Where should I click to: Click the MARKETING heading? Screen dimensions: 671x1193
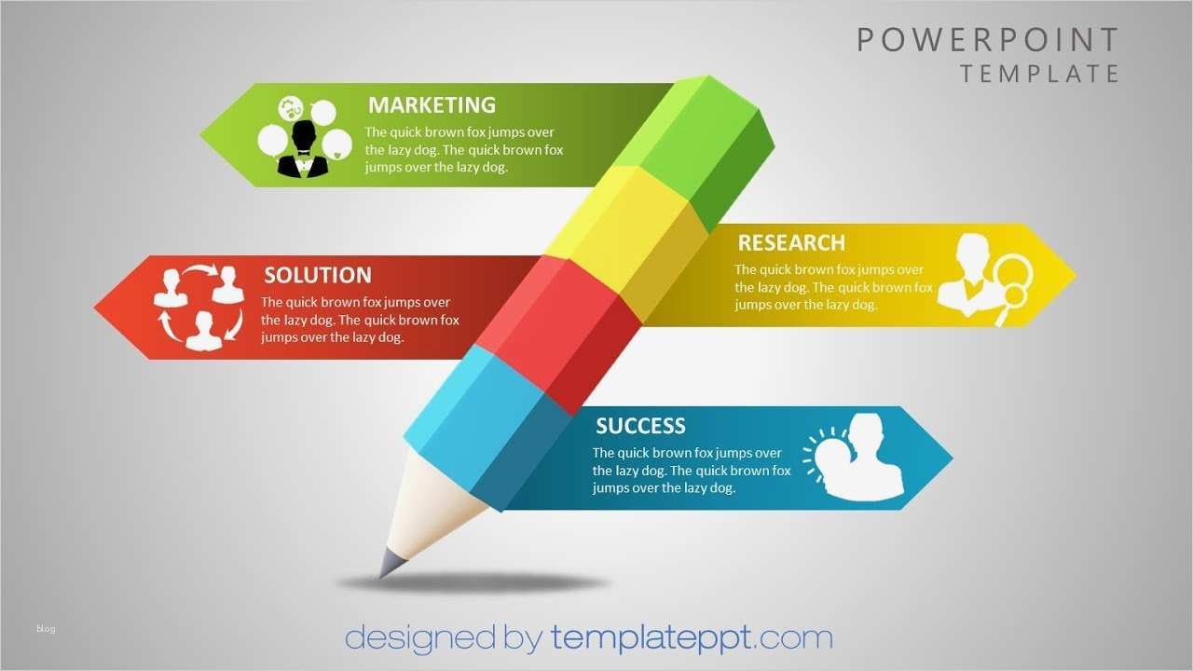432,104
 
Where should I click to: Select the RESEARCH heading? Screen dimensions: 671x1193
791,243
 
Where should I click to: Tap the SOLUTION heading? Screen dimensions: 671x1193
317,275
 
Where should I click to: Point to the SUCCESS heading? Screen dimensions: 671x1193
640,426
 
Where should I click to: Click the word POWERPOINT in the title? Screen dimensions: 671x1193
988,40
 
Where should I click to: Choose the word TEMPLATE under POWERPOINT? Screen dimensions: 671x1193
1040,74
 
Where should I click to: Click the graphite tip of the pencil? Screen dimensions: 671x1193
390,563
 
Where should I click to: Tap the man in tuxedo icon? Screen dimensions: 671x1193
303,151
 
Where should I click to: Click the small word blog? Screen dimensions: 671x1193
47,629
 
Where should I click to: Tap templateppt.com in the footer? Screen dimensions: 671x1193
691,638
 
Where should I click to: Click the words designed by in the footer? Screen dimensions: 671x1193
443,638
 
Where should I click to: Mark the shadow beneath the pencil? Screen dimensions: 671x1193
475,583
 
